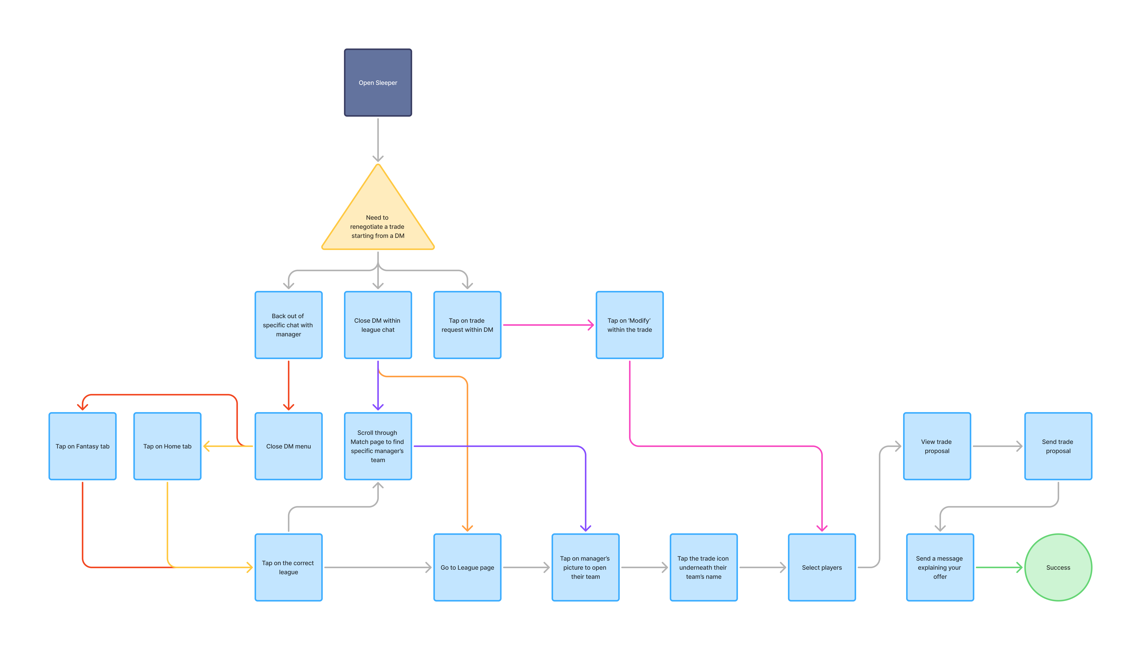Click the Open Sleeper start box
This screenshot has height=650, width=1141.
tap(378, 83)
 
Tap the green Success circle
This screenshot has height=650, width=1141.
tap(1058, 567)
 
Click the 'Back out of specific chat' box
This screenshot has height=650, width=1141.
tap(288, 325)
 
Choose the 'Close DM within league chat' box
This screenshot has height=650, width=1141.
tap(378, 325)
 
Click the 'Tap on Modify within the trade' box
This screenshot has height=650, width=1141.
tap(629, 325)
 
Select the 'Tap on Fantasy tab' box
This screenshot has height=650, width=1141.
tap(83, 446)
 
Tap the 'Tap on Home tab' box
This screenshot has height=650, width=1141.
tap(167, 446)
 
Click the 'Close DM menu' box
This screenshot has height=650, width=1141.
tap(288, 446)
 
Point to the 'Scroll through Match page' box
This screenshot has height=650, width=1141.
tap(378, 446)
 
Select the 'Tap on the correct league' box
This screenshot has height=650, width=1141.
tap(288, 567)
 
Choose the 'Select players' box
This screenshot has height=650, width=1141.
tap(822, 567)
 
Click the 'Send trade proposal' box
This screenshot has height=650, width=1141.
tap(1058, 446)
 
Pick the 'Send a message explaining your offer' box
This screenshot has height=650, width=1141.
tap(940, 567)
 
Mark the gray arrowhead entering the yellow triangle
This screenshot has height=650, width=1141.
tap(378, 159)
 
